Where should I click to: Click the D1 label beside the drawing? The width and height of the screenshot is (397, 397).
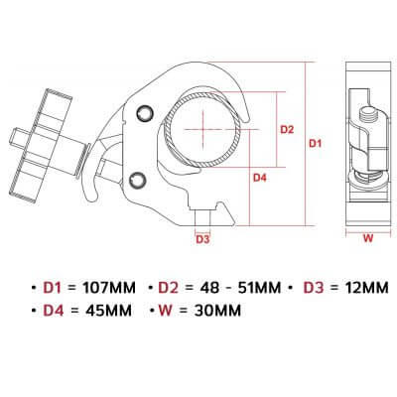pos(315,144)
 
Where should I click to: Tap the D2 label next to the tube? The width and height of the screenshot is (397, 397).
pos(287,129)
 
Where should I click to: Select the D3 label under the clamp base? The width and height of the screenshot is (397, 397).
pos(202,239)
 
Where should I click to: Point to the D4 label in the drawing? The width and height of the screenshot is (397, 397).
pos(260,178)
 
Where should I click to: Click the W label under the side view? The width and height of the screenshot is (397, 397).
pos(368,238)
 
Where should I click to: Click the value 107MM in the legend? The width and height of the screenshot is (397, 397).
pos(109,288)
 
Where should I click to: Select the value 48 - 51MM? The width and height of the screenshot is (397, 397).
pos(240,288)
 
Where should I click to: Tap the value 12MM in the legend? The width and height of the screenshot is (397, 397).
pos(366,288)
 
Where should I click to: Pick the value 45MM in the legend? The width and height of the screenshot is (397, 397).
pos(108,311)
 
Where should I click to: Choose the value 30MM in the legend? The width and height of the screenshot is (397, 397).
pos(217,311)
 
